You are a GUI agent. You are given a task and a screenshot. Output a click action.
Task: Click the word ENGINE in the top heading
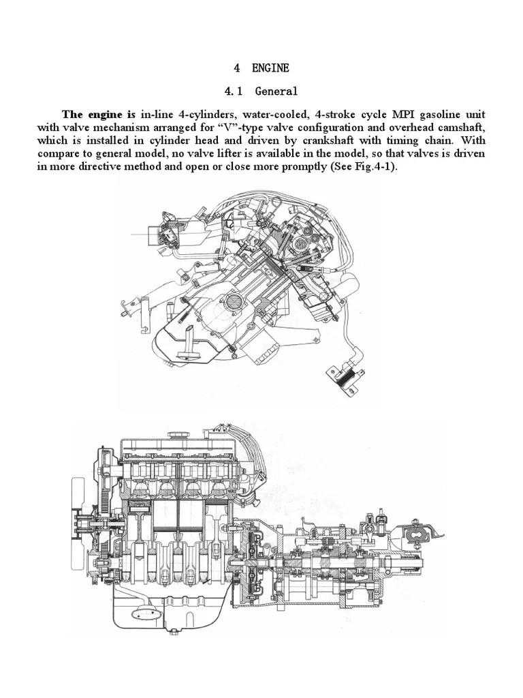coord(270,67)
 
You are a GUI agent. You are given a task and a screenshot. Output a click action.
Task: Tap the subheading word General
coord(276,91)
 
